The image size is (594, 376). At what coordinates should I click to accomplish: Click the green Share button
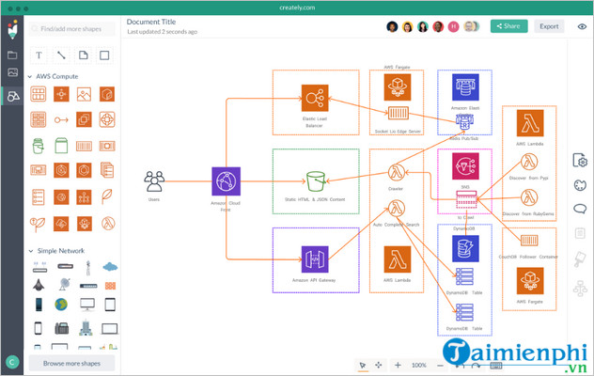508,26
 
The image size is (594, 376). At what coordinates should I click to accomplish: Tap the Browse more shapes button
71,362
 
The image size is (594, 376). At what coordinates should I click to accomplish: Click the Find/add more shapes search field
71,28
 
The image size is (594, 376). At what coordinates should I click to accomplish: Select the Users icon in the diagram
155,180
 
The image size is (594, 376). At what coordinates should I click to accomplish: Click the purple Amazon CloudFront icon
227,180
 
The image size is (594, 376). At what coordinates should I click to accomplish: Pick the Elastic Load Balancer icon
313,98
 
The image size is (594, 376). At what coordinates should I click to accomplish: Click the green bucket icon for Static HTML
314,180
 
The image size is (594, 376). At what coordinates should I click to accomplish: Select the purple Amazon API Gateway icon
313,258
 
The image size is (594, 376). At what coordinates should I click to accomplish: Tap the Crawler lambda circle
396,172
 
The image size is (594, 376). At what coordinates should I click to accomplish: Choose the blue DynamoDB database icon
464,248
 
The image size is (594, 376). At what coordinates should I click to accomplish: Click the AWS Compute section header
57,76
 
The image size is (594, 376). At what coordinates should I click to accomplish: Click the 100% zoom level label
419,365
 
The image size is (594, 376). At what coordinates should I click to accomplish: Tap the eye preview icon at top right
582,26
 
